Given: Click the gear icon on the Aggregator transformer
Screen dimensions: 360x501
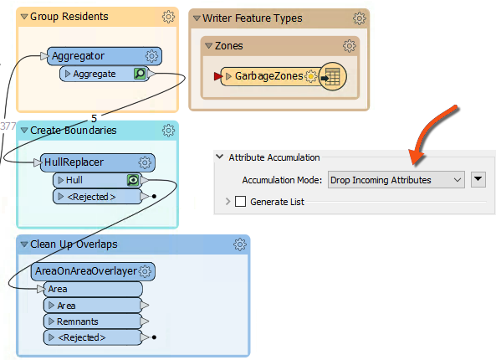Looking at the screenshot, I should [152, 56].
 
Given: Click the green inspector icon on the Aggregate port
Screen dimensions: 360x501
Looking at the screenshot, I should [141, 75].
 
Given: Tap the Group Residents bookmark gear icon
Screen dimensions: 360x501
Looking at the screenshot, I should [168, 17].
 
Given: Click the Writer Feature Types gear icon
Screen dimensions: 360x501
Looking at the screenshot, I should [359, 18].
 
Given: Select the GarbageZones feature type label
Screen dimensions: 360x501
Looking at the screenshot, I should [268, 76].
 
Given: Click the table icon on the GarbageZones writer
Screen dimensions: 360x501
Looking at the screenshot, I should [332, 76].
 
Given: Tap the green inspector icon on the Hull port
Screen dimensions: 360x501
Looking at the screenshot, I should [131, 180].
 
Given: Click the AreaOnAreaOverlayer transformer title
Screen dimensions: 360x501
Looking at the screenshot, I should [85, 271].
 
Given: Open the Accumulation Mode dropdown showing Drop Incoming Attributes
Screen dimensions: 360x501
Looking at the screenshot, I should [396, 179].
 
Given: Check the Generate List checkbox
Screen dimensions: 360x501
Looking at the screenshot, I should [241, 201].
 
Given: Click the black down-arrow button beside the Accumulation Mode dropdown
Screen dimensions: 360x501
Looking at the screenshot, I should [478, 179].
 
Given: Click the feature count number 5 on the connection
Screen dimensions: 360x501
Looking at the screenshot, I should [94, 118].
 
